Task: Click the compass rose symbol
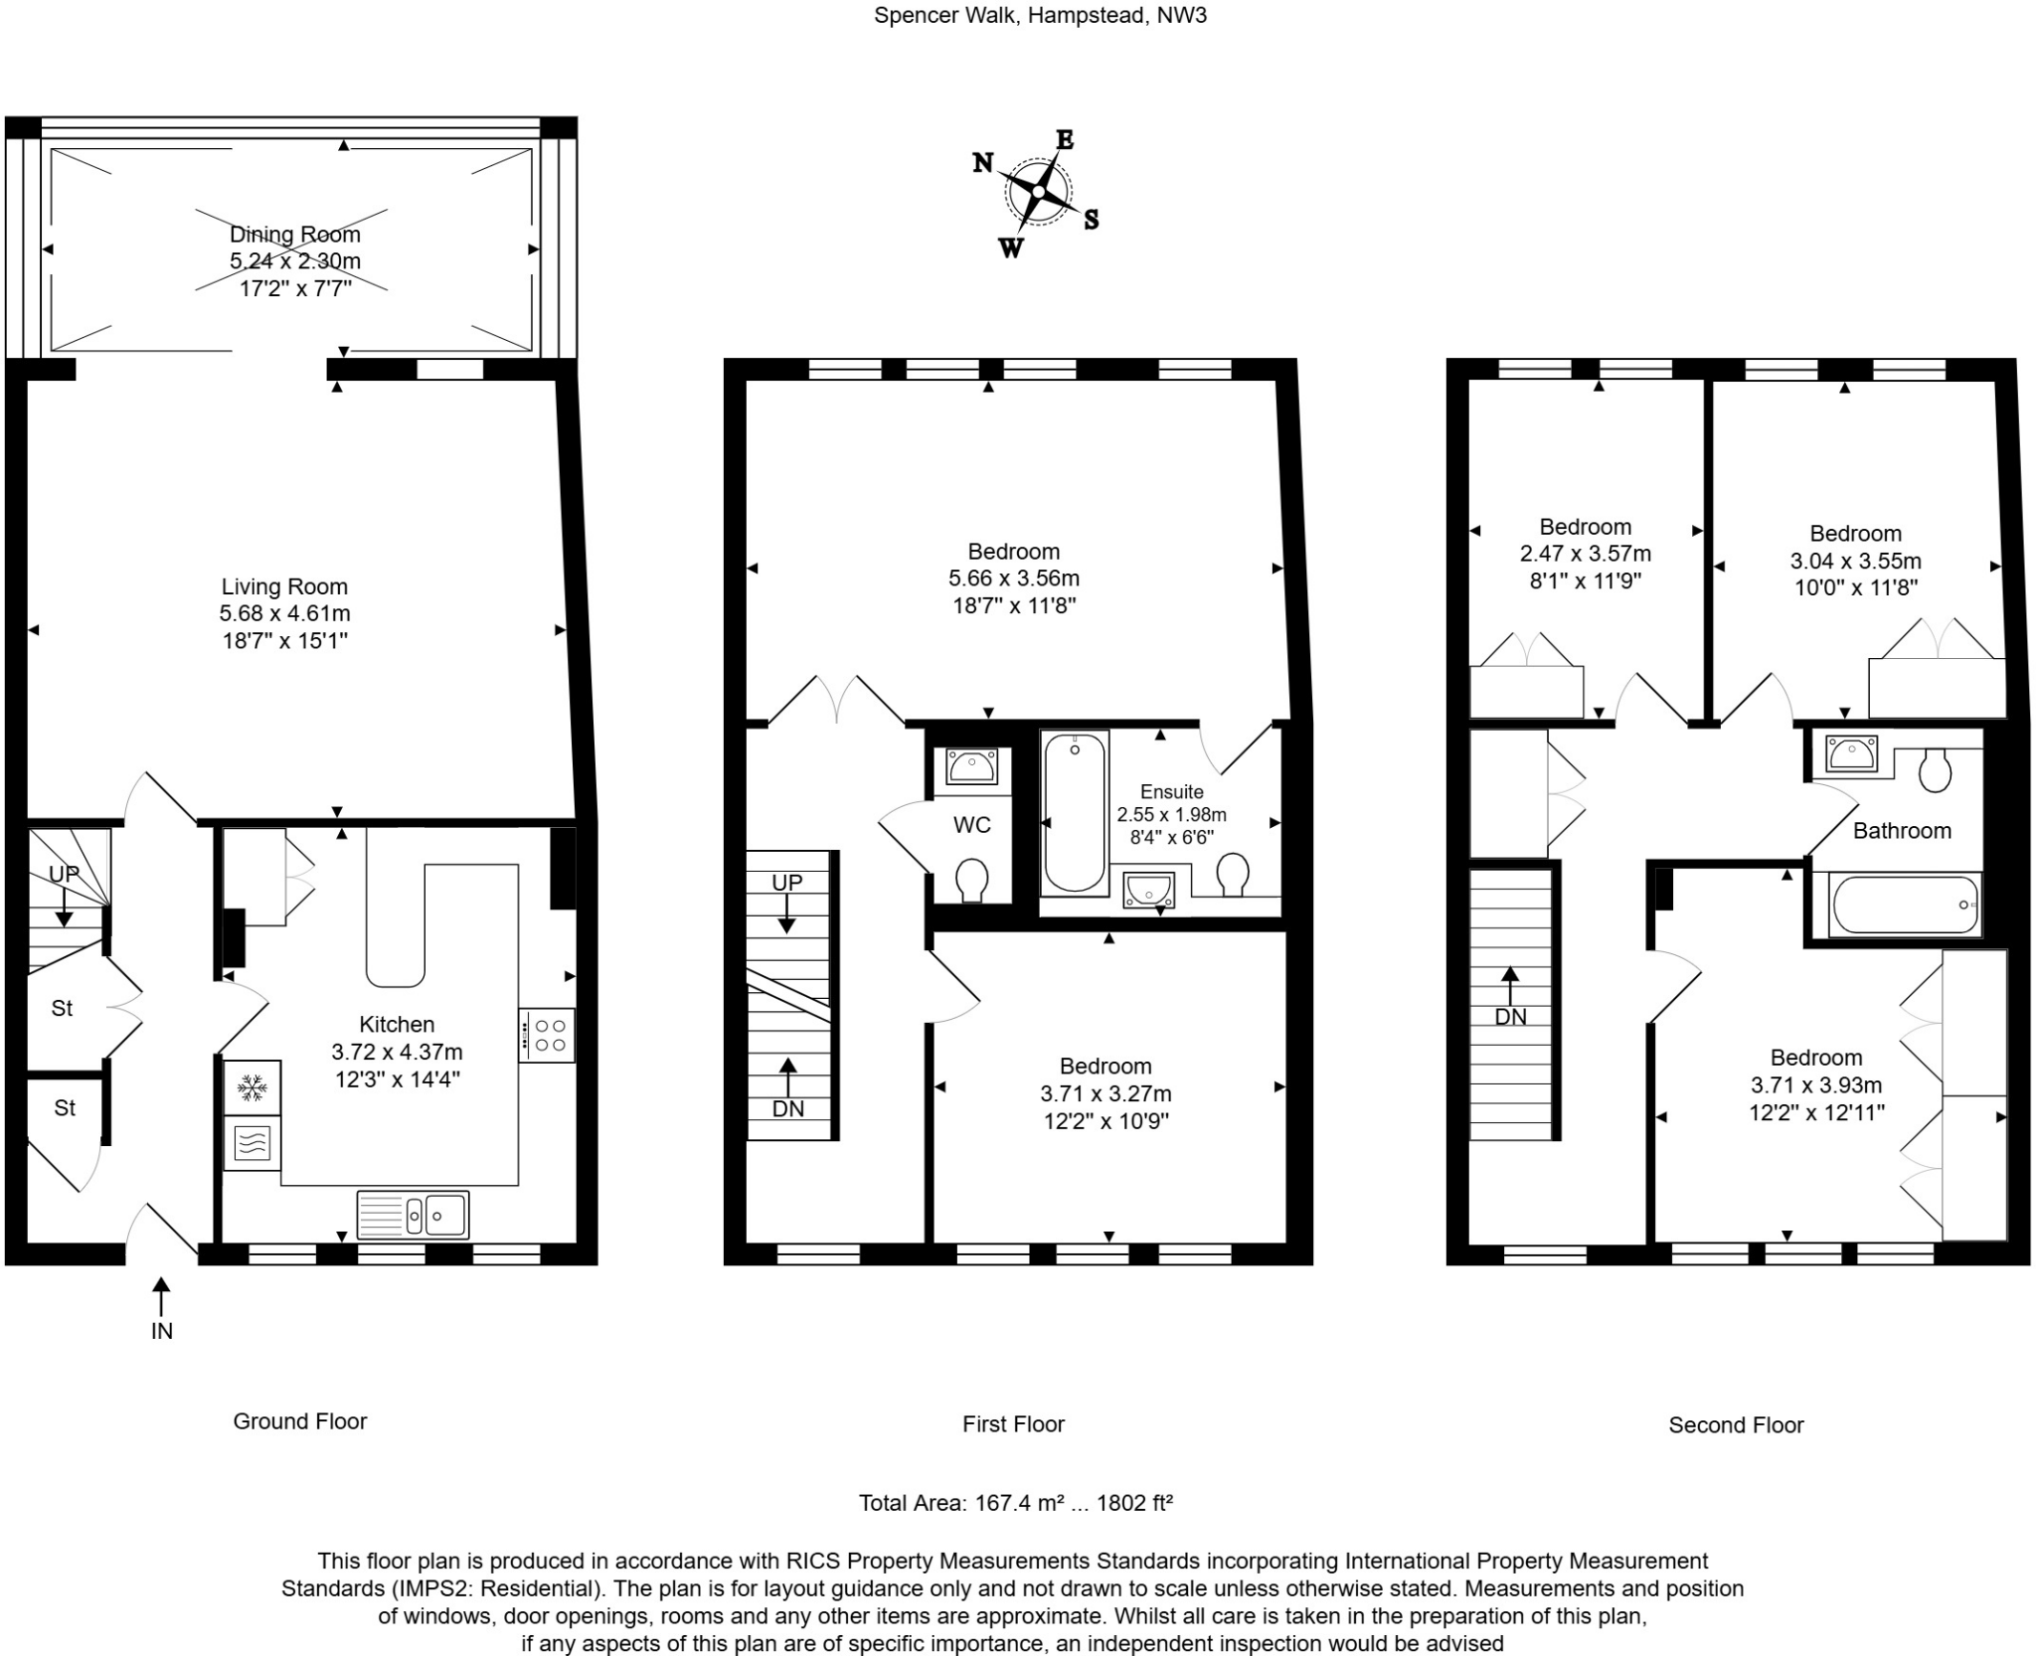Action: tap(1039, 192)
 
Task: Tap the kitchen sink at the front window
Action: tap(413, 1214)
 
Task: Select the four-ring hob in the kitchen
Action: tap(546, 1035)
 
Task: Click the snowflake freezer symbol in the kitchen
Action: tap(252, 1087)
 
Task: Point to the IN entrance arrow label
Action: tap(161, 1330)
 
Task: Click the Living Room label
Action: tap(284, 586)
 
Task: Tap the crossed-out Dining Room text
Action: tap(294, 235)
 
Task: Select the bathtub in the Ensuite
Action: tap(1075, 812)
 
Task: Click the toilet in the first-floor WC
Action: tap(970, 880)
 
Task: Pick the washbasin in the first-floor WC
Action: tap(972, 766)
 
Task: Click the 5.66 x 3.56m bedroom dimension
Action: tap(1013, 579)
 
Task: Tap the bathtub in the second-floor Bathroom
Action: tap(1905, 905)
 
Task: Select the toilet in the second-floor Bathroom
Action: tap(1935, 769)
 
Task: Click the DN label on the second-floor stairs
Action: tap(1510, 1016)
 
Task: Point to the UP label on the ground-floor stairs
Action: tap(65, 874)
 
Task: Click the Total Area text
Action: tap(1015, 1503)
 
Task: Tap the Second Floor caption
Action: tap(1735, 1425)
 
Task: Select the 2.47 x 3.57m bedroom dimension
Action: tap(1585, 554)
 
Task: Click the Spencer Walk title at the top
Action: tap(1039, 15)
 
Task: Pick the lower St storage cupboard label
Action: tap(65, 1107)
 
